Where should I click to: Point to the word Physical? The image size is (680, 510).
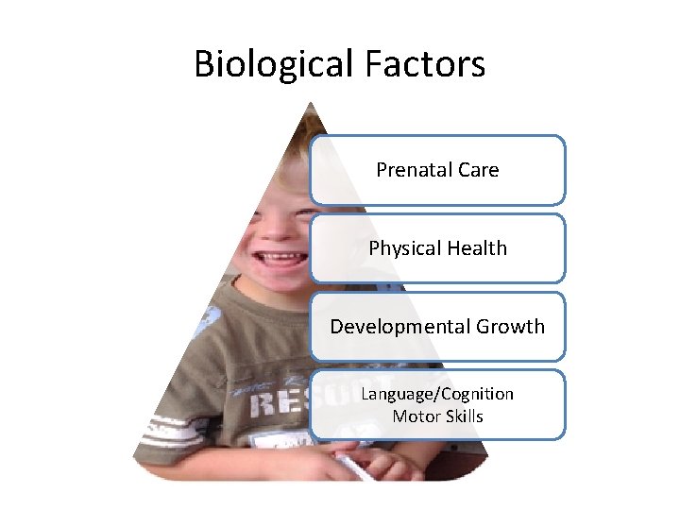click(403, 248)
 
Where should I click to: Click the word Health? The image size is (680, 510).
click(474, 248)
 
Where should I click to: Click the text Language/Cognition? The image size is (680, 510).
click(437, 394)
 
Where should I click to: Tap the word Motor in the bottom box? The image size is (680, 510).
click(411, 416)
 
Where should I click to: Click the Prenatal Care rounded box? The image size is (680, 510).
click(529, 170)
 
